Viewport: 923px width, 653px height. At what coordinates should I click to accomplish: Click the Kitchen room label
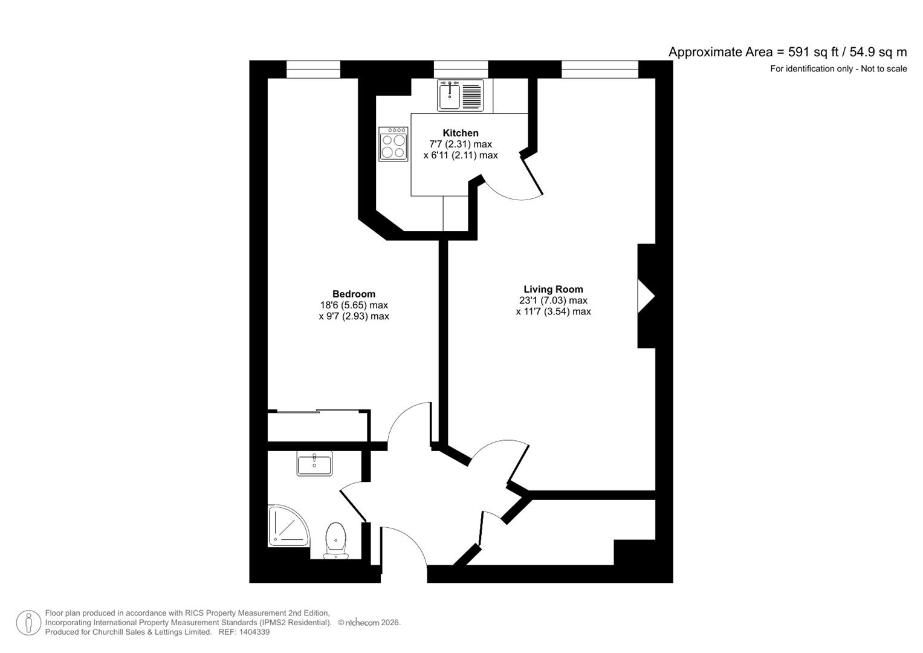460,133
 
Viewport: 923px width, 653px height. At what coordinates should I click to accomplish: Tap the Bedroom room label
354,294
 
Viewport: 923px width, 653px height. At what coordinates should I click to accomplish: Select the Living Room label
553,290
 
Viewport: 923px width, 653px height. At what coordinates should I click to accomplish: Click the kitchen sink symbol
461,96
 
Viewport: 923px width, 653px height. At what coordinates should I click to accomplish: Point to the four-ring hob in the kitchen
393,144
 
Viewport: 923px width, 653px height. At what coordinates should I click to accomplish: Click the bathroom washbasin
314,464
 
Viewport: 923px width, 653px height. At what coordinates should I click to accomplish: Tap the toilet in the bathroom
335,539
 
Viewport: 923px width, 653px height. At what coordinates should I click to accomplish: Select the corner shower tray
287,525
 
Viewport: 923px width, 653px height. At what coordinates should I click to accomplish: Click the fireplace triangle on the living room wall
647,296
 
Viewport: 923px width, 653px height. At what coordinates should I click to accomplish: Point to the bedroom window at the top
313,70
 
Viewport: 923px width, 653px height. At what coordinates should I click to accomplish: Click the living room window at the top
600,70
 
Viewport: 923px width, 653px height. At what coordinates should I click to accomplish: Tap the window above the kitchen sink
461,70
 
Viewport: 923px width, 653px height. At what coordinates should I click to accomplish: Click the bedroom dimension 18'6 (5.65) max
354,305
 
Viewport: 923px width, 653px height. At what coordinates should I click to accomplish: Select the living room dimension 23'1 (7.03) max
553,301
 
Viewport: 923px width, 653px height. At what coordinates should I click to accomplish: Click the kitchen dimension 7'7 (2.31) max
460,144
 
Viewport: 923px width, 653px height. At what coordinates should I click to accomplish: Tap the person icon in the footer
28,623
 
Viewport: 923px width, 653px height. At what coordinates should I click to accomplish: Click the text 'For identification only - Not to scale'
838,69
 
